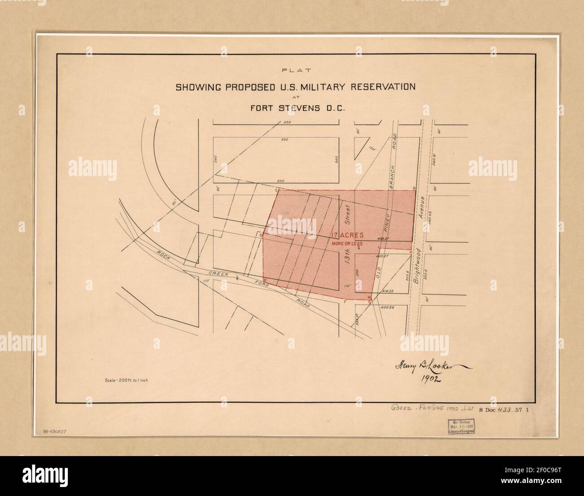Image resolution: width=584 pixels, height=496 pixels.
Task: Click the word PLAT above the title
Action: point(295,70)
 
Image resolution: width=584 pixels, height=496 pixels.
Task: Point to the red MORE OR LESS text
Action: point(347,244)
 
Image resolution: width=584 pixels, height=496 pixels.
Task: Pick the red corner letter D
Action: point(260,234)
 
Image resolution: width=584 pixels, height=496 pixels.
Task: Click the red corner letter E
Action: point(265,281)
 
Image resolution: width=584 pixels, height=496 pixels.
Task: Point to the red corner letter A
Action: point(412,253)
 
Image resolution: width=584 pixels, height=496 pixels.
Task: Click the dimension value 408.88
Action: point(389,307)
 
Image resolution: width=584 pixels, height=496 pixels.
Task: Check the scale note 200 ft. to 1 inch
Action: point(126,380)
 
